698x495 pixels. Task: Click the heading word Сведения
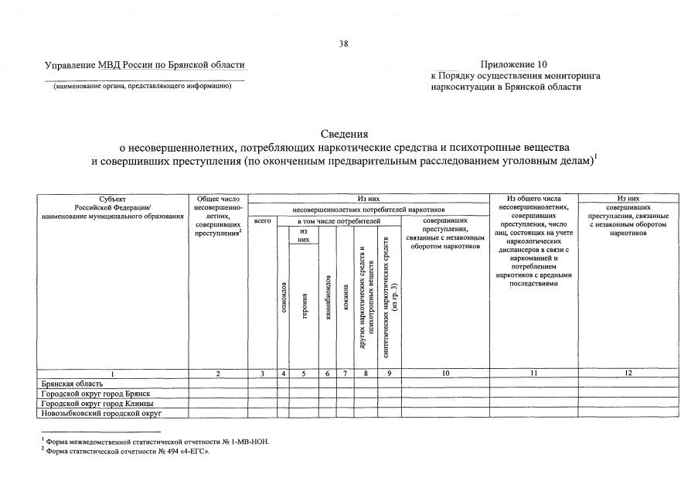(x=345, y=134)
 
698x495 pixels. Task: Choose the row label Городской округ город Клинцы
(x=97, y=403)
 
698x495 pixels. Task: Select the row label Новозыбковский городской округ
(x=101, y=413)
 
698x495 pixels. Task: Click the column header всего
(x=263, y=221)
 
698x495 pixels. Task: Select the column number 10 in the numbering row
(x=445, y=374)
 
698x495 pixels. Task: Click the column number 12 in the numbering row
(x=628, y=374)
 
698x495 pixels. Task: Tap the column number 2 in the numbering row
(x=218, y=374)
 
